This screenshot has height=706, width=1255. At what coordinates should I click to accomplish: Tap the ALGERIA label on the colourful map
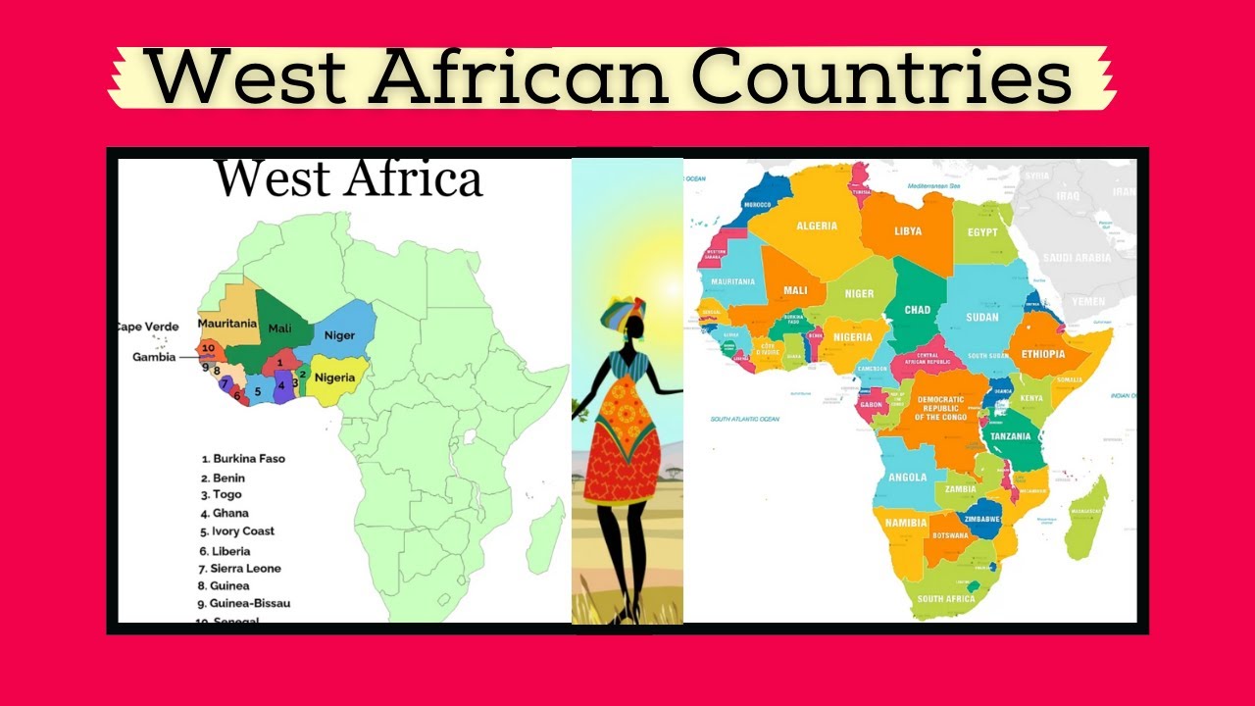pyautogui.click(x=817, y=227)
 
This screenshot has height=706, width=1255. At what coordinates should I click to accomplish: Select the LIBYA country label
pyautogui.click(x=908, y=231)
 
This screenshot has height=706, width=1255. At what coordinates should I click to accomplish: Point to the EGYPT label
pyautogui.click(x=981, y=232)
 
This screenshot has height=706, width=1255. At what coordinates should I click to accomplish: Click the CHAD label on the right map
pyautogui.click(x=917, y=310)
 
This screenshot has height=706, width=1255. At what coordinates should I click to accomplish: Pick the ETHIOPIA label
pyautogui.click(x=1042, y=354)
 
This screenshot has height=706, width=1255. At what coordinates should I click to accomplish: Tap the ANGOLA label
pyautogui.click(x=907, y=478)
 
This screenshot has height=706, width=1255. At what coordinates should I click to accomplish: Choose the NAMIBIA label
pyautogui.click(x=906, y=523)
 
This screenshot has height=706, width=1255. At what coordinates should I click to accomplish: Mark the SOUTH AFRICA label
pyautogui.click(x=945, y=598)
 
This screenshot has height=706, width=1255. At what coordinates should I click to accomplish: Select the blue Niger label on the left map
pyautogui.click(x=339, y=335)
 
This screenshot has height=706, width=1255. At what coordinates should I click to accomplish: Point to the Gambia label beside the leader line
pyautogui.click(x=154, y=357)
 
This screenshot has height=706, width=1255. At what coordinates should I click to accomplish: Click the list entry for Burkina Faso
pyautogui.click(x=249, y=459)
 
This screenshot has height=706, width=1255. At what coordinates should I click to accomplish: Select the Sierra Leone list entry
pyautogui.click(x=246, y=569)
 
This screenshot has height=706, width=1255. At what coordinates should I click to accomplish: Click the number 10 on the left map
pyautogui.click(x=207, y=348)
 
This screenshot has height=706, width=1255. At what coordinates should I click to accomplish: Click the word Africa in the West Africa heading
pyautogui.click(x=414, y=179)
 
